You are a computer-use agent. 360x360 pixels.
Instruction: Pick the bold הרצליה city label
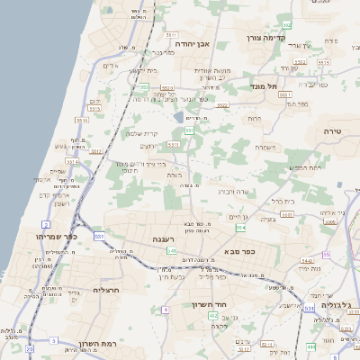pyautogui.click(x=106, y=291)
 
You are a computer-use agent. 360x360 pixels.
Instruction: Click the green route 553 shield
pyautogui.click(x=144, y=86)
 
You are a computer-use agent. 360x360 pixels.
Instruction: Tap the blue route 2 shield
pyautogui.click(x=46, y=224)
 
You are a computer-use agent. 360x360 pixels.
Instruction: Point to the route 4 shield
pyautogui.click(x=166, y=310)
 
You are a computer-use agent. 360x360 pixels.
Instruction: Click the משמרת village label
pyautogui.click(x=264, y=148)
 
